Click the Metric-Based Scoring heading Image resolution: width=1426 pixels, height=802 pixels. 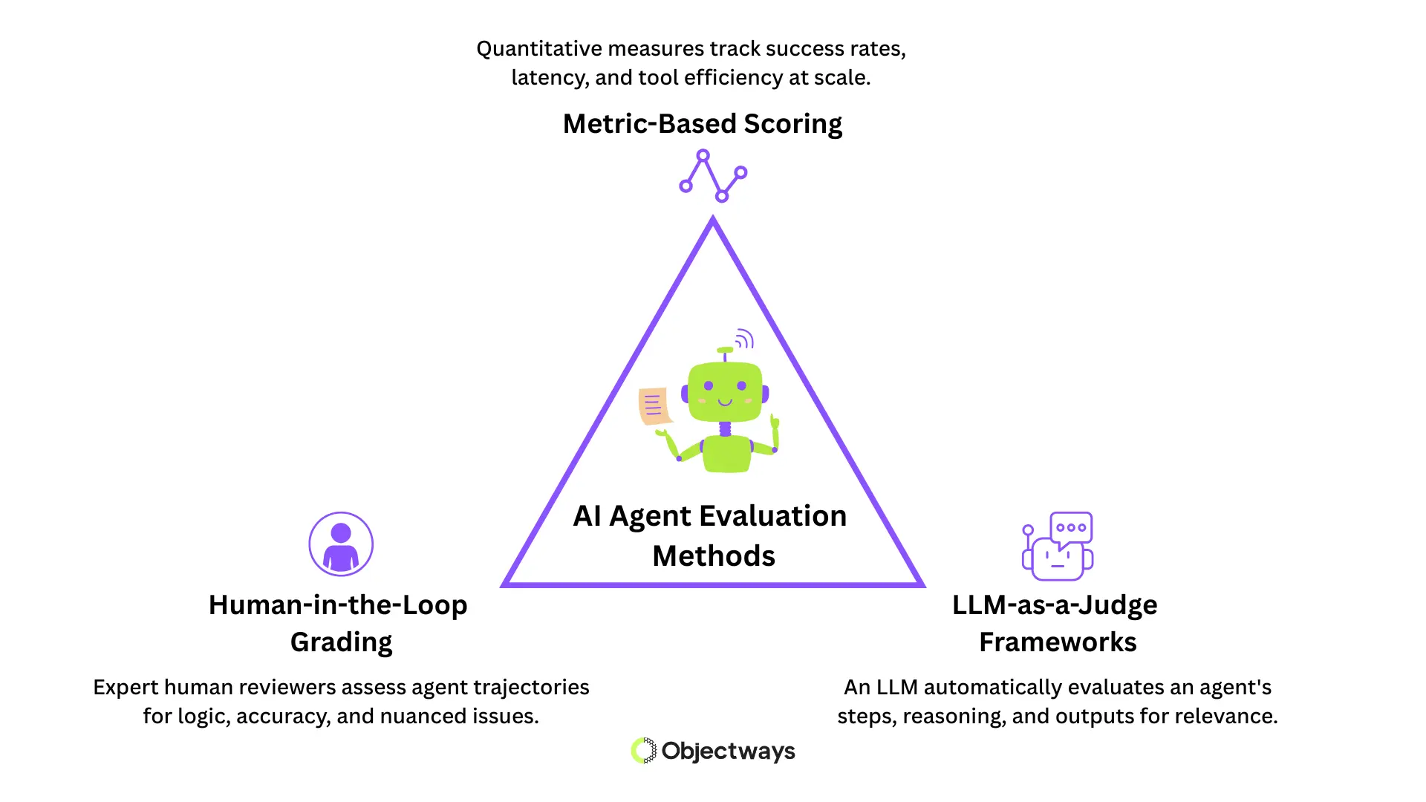[x=702, y=123]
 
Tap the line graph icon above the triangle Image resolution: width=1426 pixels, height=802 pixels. [x=712, y=176]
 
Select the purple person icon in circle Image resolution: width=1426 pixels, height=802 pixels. [x=341, y=544]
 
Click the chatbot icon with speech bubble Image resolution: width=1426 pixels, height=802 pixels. [x=1058, y=546]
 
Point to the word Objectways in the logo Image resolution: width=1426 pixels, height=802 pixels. [x=728, y=751]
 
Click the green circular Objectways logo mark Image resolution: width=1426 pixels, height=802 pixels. [x=644, y=751]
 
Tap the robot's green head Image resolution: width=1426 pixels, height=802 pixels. [x=725, y=391]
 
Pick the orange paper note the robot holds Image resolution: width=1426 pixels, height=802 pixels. [x=654, y=406]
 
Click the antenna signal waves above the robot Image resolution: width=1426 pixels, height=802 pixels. [x=744, y=339]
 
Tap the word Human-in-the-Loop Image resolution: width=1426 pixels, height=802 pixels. [x=338, y=604]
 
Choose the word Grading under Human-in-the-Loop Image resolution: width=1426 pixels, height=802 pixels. [x=341, y=642]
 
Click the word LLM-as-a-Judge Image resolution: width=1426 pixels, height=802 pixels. [x=1055, y=604]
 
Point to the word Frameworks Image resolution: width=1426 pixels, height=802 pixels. [x=1058, y=642]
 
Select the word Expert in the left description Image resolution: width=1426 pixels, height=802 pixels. [x=125, y=688]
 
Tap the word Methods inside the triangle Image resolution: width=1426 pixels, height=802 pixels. [x=714, y=555]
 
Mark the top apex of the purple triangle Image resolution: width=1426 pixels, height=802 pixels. [x=713, y=220]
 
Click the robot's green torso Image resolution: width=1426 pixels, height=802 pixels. [x=726, y=454]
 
